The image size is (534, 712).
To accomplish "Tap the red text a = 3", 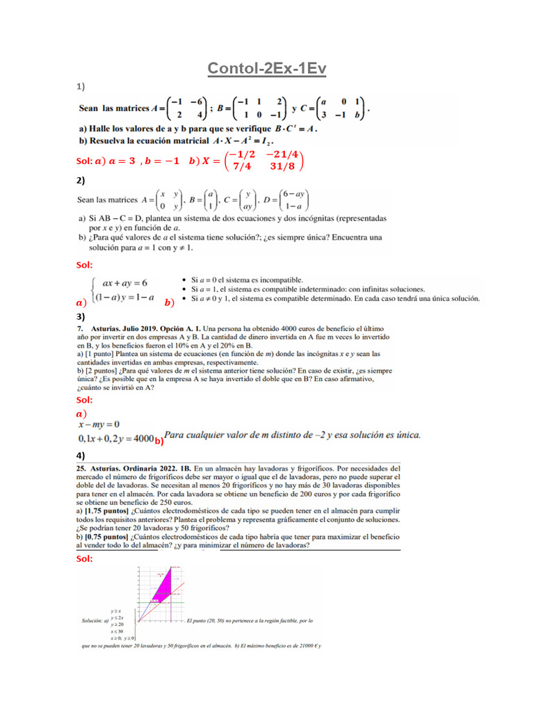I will [x=115, y=161].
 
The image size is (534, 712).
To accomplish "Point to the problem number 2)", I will [x=81, y=181].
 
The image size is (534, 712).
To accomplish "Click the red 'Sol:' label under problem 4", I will [x=84, y=558].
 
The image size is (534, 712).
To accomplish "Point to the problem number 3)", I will [x=81, y=316].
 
